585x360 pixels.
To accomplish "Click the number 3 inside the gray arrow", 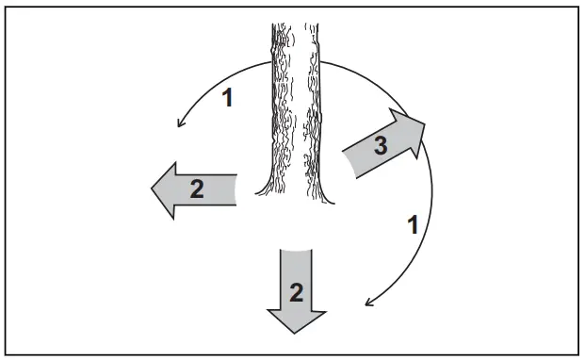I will pos(379,146).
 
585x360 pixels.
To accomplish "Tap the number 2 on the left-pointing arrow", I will pos(197,188).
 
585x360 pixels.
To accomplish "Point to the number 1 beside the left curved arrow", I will pos(226,98).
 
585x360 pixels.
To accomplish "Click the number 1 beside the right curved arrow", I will pos(411,225).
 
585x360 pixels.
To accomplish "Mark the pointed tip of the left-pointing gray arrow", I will pos(153,189).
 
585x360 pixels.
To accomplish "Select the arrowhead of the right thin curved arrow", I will pos(366,306).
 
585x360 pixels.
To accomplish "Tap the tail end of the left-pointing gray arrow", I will pos(235,188).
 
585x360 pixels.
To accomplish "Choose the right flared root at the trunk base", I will pos(330,199).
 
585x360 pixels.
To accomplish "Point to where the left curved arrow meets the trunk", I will pos(271,62).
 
